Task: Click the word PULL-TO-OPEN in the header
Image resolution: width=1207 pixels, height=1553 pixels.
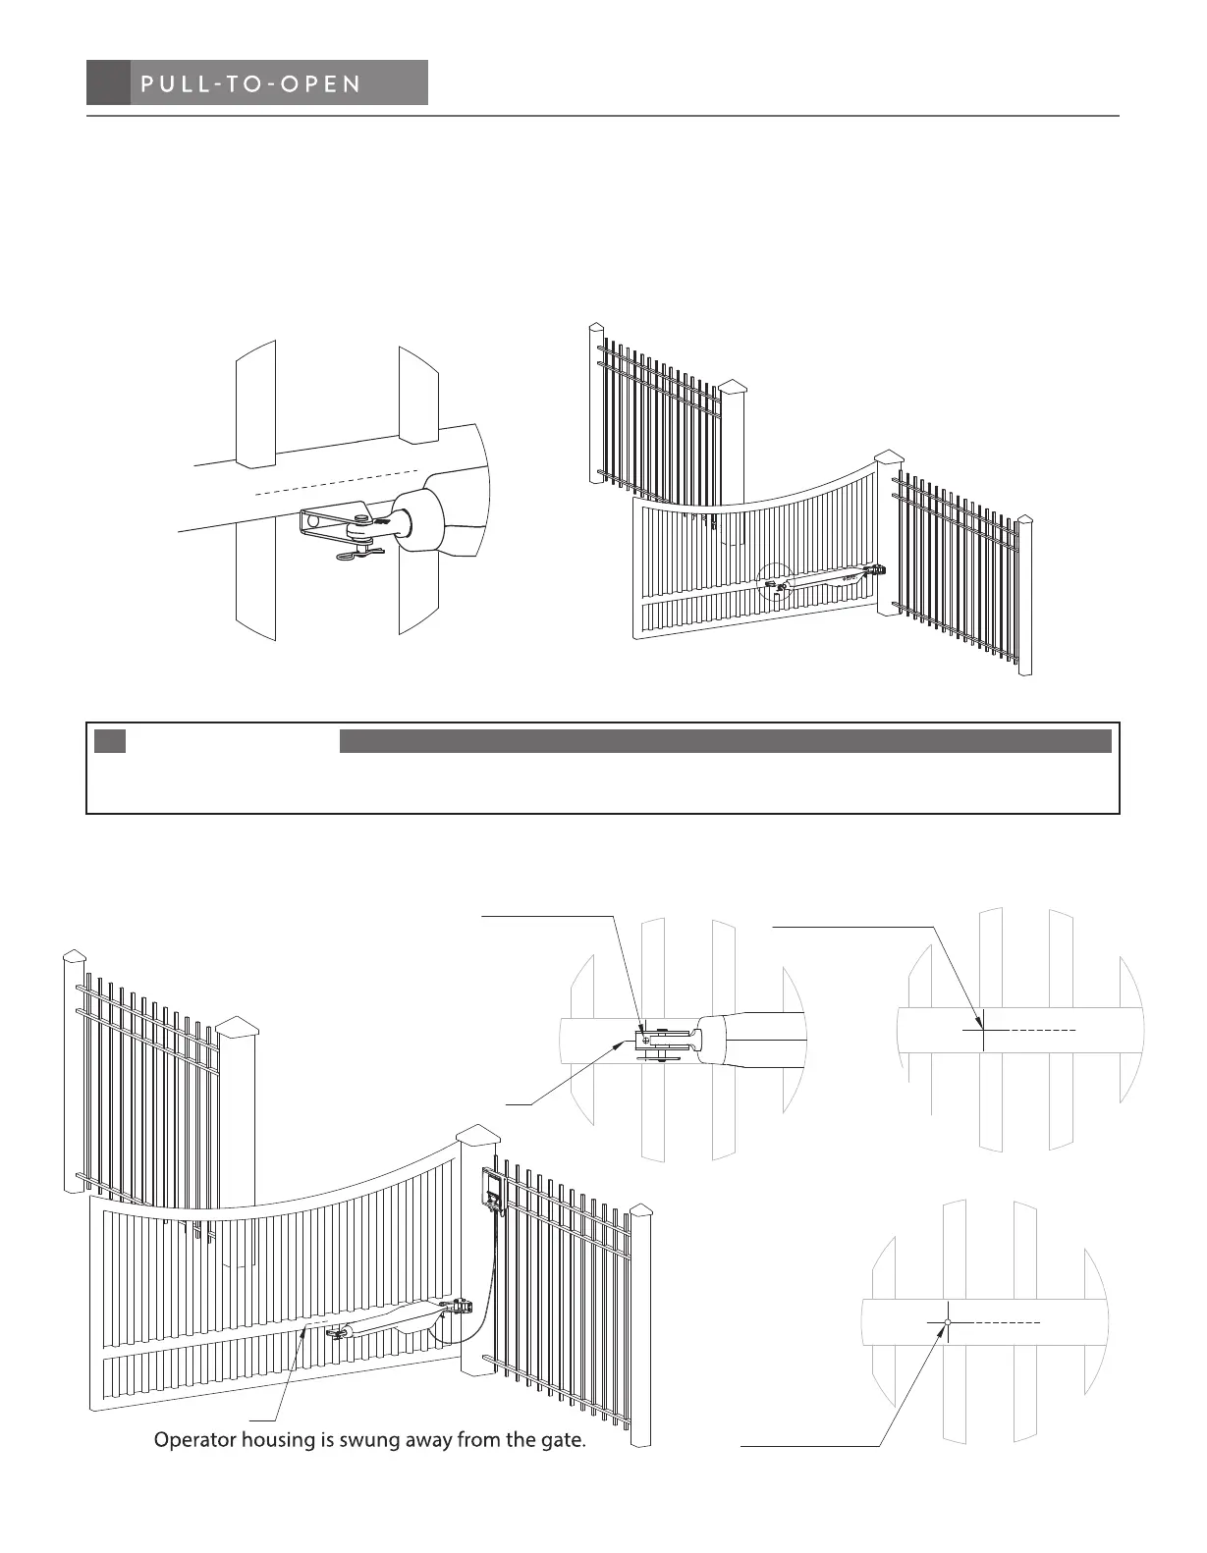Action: pyautogui.click(x=251, y=83)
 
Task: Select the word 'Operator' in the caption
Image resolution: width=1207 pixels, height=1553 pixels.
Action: pyautogui.click(x=195, y=1441)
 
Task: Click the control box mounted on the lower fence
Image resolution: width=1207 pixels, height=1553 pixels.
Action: pyautogui.click(x=492, y=1189)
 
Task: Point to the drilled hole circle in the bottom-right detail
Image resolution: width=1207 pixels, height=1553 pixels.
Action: pyautogui.click(x=948, y=1322)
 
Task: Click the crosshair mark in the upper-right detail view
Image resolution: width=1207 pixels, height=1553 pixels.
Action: pyautogui.click(x=982, y=1030)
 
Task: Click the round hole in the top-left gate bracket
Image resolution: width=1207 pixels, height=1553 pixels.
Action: pyautogui.click(x=314, y=521)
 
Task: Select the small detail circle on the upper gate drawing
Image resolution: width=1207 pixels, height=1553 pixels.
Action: pyautogui.click(x=776, y=583)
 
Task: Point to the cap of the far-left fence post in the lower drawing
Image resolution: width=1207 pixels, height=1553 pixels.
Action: pyautogui.click(x=75, y=957)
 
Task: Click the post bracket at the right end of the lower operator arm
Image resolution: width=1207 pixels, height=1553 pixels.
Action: pyautogui.click(x=459, y=1307)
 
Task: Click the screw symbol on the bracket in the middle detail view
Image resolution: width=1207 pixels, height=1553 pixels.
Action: pyautogui.click(x=645, y=1039)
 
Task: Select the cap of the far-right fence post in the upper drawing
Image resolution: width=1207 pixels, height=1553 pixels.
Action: pyautogui.click(x=1024, y=520)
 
